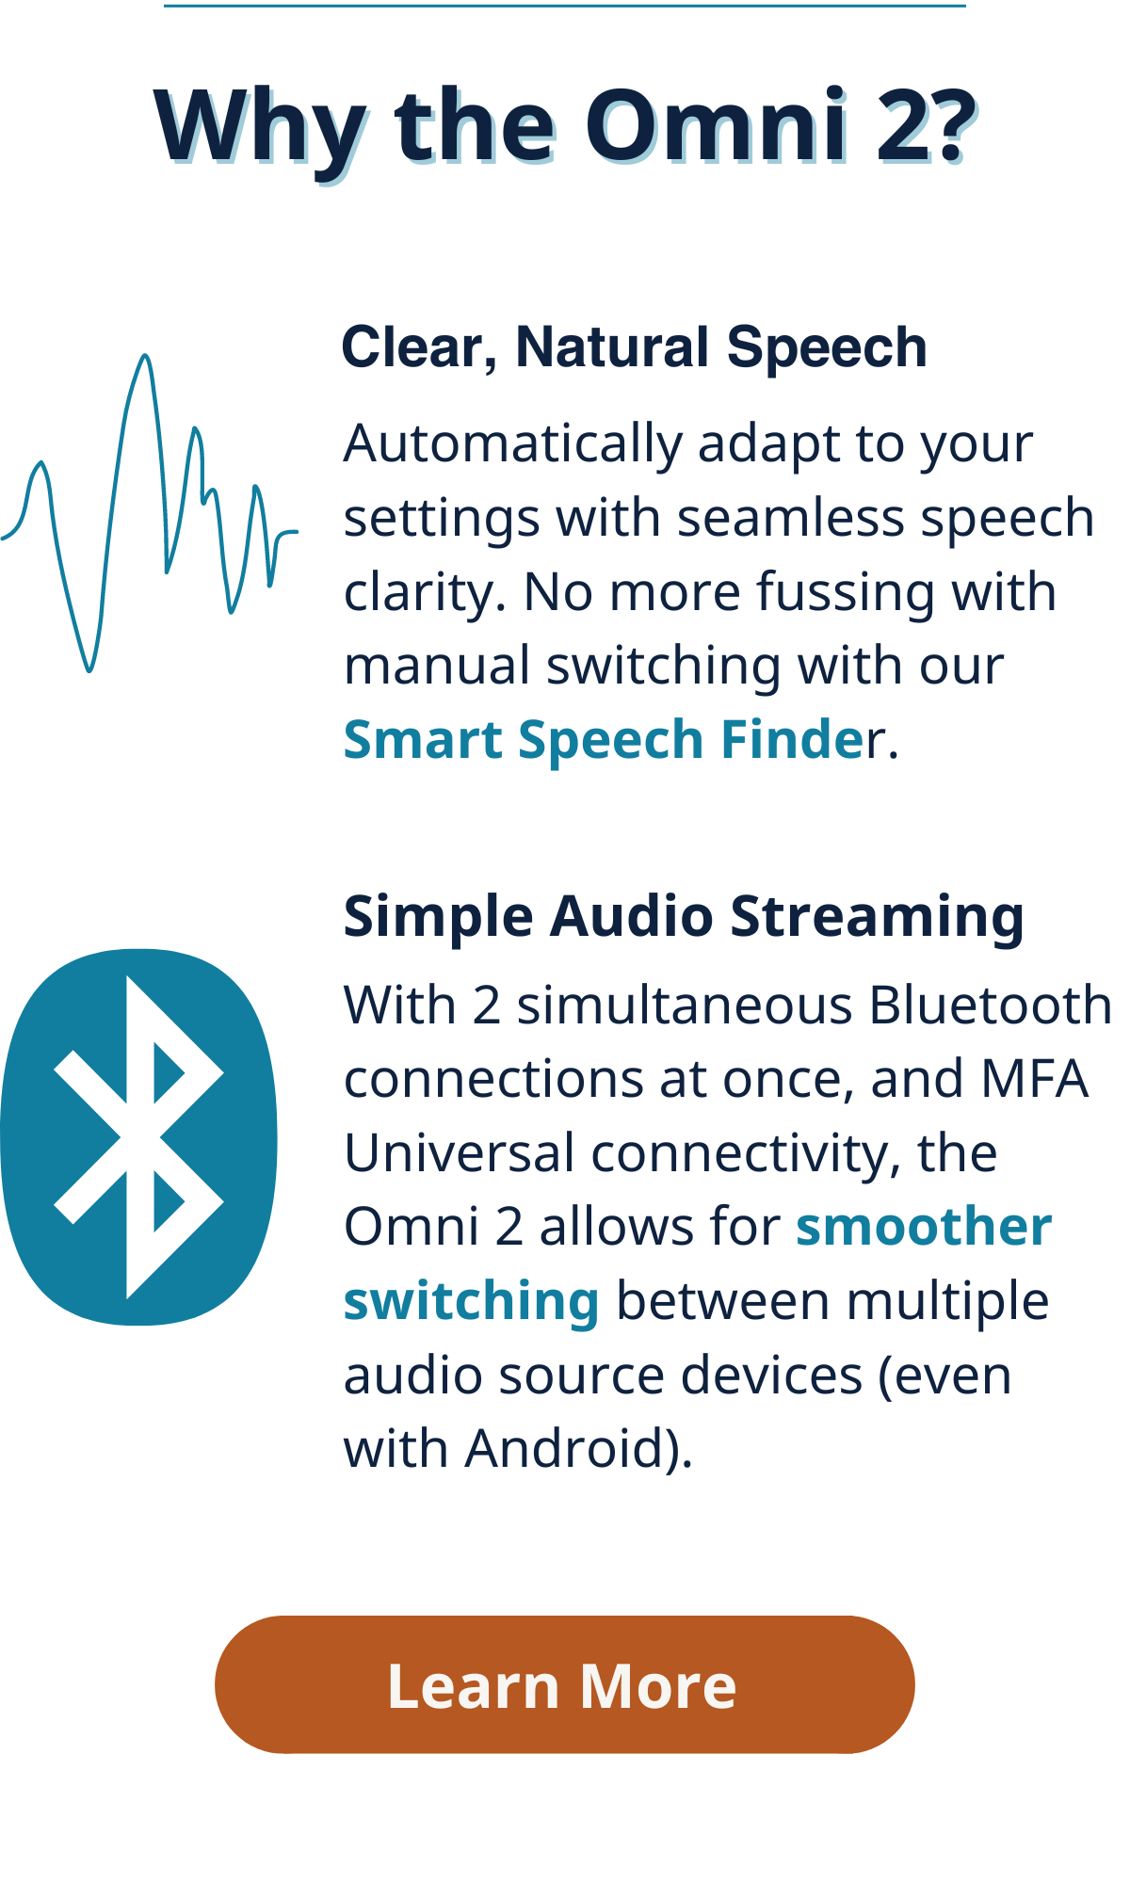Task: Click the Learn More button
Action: pyautogui.click(x=565, y=1684)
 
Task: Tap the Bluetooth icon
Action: pyautogui.click(x=138, y=1136)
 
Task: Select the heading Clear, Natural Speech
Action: pyautogui.click(x=634, y=347)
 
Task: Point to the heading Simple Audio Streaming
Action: pyautogui.click(x=684, y=916)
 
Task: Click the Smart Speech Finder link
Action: pyautogui.click(x=614, y=739)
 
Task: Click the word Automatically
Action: pyautogui.click(x=513, y=443)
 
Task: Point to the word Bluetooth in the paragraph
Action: pyautogui.click(x=991, y=1005)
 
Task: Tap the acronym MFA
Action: pyautogui.click(x=1034, y=1079)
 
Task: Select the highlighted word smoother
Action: pyautogui.click(x=924, y=1227)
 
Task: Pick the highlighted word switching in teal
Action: pyautogui.click(x=472, y=1303)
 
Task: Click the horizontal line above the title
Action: pyautogui.click(x=565, y=6)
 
